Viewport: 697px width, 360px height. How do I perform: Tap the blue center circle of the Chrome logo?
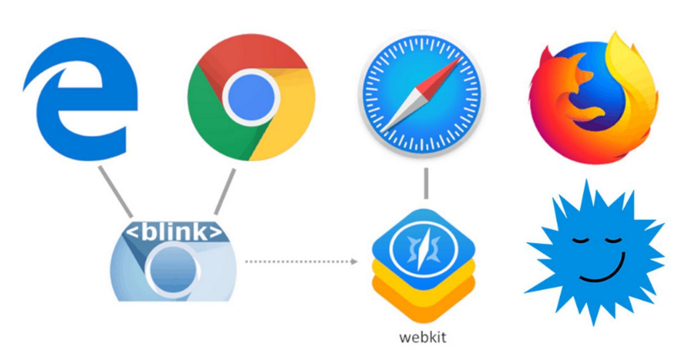coord(251,97)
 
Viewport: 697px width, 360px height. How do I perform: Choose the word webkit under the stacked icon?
coord(423,337)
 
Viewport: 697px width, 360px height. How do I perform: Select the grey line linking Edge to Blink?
coord(115,191)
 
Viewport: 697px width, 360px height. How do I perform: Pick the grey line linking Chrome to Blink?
coord(225,191)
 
